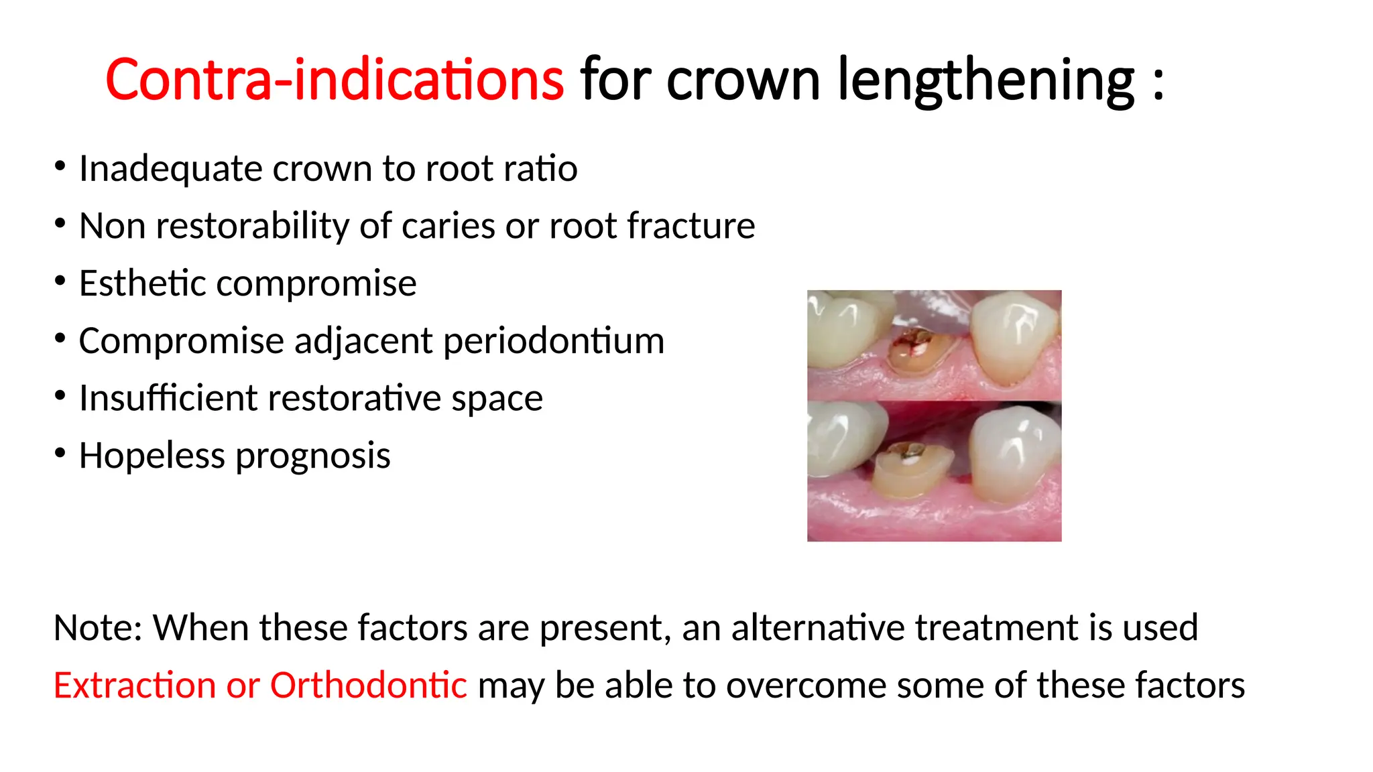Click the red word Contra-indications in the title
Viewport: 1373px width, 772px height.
(334, 80)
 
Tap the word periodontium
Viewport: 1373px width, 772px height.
(553, 341)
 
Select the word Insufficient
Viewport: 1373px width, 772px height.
(168, 398)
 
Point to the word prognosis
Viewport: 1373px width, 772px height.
(312, 457)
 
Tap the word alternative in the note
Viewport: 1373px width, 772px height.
(818, 628)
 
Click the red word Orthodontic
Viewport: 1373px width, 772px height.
(368, 685)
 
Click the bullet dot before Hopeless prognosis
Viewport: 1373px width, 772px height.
(60, 454)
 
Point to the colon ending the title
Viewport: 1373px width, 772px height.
(1158, 84)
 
